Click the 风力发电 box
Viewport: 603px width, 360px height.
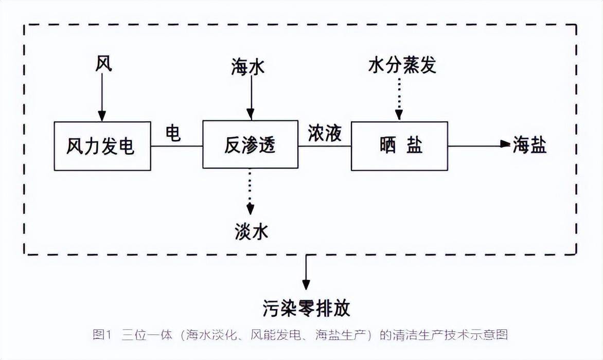pos(102,146)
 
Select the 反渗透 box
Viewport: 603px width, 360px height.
pos(250,145)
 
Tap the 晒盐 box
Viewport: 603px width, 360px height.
pos(399,146)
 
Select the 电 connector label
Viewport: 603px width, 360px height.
pos(173,134)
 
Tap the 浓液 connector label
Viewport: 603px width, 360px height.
pos(325,133)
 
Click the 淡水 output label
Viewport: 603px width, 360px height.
pos(250,232)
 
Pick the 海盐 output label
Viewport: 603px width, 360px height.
pos(530,146)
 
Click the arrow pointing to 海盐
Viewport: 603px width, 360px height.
pos(478,145)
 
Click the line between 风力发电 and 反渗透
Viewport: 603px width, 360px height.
pos(176,146)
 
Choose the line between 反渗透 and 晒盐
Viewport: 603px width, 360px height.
pos(325,146)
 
